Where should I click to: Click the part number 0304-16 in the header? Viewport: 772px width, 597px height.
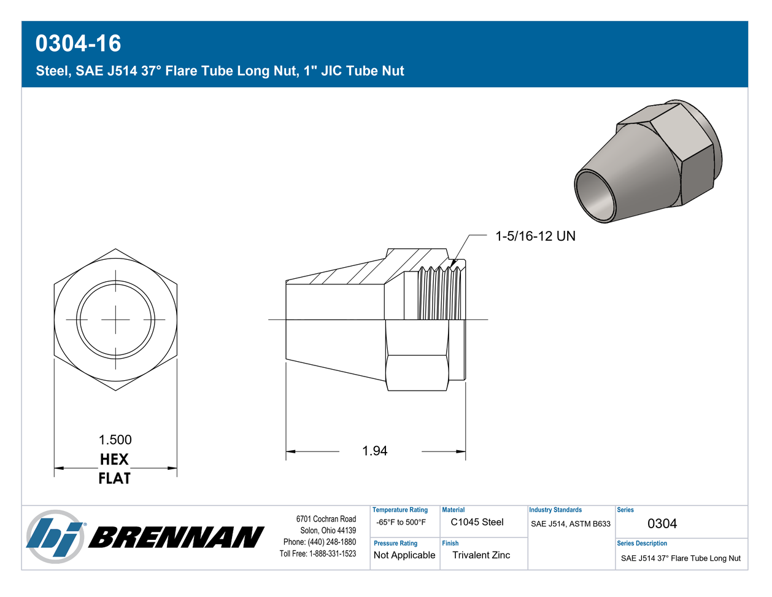tap(78, 44)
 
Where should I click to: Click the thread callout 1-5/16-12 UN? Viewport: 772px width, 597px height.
tap(535, 236)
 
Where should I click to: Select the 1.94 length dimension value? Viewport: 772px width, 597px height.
tap(374, 451)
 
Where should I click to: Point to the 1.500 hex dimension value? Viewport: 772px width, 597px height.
tap(115, 440)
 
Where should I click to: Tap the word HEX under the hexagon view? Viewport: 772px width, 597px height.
tap(114, 459)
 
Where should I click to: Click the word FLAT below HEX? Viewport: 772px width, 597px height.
tap(114, 478)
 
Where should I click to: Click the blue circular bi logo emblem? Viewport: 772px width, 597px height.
tap(55, 537)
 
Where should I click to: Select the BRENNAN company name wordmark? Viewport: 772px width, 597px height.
tap(176, 537)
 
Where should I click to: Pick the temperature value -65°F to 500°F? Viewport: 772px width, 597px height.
tap(401, 522)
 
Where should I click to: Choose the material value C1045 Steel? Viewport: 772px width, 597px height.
tap(477, 522)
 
